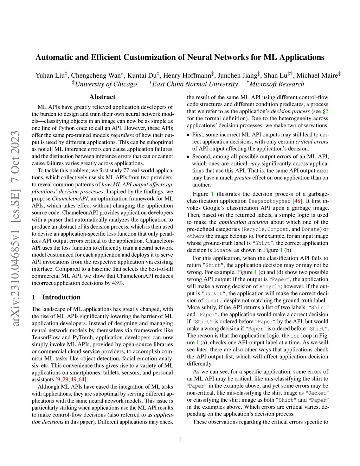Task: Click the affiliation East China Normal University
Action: pos(195,84)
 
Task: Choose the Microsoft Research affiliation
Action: pos(277,84)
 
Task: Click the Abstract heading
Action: pos(102,97)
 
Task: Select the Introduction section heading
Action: pos(61,297)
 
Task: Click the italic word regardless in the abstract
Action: pos(123,135)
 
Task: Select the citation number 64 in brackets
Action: pos(82,379)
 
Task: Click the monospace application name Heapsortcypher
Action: pos(270,201)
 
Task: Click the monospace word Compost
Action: pos(278,229)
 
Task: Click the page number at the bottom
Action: pos(180,439)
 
